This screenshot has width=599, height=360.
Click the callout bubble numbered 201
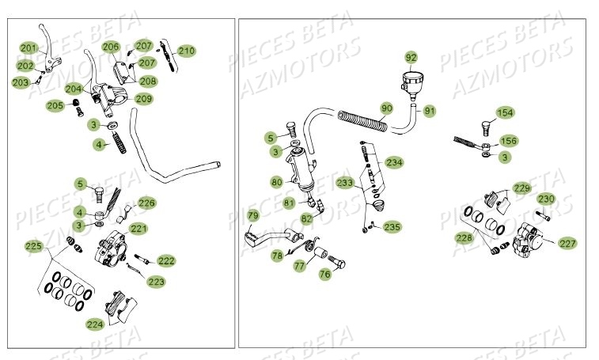(x=28, y=48)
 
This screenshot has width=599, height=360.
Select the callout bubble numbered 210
(x=186, y=51)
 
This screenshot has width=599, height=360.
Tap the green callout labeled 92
(x=411, y=58)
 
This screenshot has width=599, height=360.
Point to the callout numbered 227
(x=567, y=243)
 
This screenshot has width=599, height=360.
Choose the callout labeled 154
(x=505, y=112)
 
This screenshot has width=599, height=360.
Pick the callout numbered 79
(x=252, y=215)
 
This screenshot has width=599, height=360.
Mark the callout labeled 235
(x=392, y=226)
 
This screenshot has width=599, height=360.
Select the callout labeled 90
(x=386, y=108)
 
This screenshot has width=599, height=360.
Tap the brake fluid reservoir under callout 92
(x=411, y=82)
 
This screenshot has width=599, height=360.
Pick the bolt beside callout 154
(x=485, y=127)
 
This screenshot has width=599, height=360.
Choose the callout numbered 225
(x=33, y=247)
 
